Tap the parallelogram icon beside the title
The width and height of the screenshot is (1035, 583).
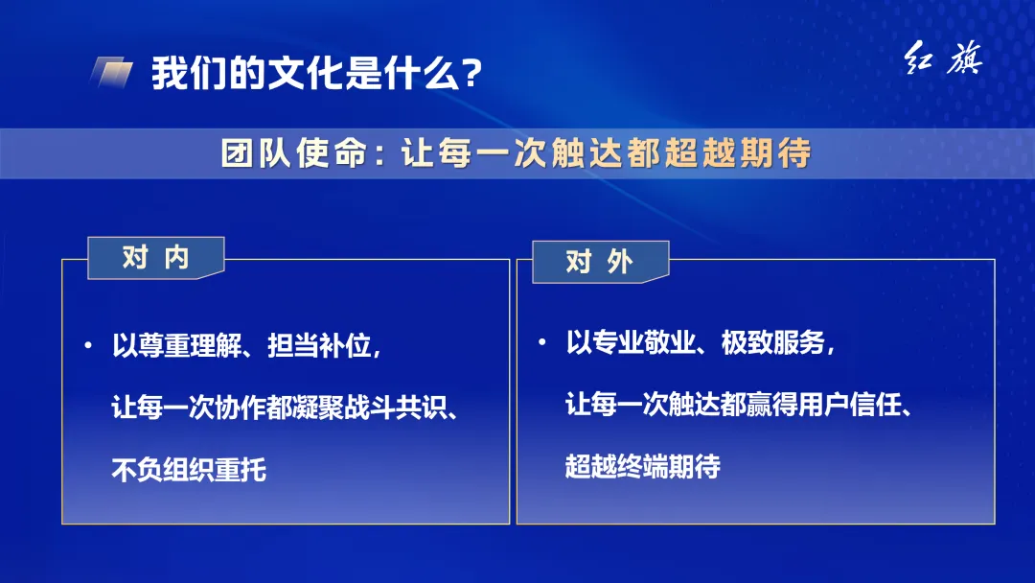(112, 73)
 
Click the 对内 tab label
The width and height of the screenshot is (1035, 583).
(155, 258)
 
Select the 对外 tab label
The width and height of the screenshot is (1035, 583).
(600, 262)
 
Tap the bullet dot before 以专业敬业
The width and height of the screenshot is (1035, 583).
(542, 341)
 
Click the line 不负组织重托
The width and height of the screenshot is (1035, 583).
(189, 470)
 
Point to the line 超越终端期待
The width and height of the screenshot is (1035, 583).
(642, 467)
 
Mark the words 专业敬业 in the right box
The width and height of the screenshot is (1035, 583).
(631, 342)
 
